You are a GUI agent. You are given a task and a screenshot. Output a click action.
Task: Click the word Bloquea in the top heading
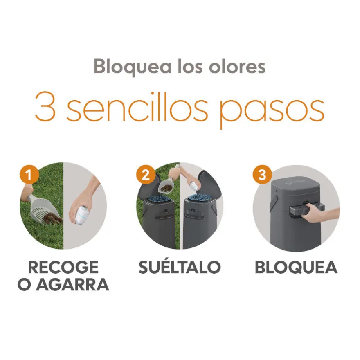pos(133,67)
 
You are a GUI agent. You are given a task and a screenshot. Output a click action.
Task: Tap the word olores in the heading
pos(237,66)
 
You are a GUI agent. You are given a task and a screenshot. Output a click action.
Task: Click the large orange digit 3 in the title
pos(45,106)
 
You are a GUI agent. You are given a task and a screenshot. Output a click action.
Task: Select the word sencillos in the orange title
pos(137,106)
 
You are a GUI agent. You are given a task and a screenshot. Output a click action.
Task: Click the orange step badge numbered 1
pos(29,175)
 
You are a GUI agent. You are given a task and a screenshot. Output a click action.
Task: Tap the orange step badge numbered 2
pos(146,175)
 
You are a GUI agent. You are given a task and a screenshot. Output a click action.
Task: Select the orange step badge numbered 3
pos(262,175)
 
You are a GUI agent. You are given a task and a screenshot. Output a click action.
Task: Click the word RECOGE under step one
pos(63,267)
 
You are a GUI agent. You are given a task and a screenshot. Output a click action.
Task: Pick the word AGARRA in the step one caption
pos(72,285)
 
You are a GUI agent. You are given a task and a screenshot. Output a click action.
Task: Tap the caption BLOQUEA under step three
pos(296,267)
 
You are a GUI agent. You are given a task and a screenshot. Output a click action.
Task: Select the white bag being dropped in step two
pos(194,186)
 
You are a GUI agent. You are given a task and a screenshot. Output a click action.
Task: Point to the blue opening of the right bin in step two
pos(200,198)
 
